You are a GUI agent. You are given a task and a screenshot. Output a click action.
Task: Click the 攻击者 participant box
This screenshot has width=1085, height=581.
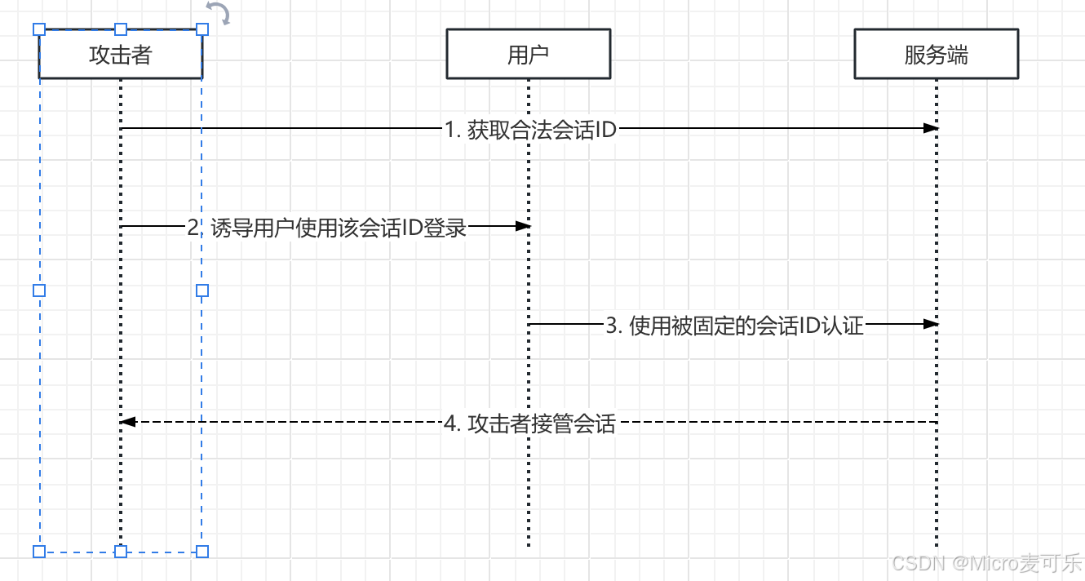120,55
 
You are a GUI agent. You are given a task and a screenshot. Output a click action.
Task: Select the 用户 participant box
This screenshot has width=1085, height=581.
528,55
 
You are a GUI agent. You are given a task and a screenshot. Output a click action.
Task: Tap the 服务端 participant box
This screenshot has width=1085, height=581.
936,55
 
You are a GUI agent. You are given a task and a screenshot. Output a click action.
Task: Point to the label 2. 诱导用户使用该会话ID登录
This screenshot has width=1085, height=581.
326,228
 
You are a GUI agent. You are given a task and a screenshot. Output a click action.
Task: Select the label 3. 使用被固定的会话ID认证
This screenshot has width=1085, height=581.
734,326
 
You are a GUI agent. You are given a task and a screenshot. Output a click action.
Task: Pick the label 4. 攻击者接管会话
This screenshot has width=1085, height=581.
529,424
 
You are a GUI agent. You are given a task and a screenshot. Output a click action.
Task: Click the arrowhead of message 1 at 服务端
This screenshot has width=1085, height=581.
930,128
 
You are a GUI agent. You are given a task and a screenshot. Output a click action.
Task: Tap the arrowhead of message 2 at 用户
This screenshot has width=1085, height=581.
522,226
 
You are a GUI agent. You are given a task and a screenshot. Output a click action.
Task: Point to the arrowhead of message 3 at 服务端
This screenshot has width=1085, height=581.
930,324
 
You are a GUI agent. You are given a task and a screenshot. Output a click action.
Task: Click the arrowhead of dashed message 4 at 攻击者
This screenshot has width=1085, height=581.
126,422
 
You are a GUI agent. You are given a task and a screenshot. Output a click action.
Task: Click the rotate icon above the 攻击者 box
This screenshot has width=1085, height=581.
218,13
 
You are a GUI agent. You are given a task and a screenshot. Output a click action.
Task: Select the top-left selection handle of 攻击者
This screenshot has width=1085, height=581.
39,29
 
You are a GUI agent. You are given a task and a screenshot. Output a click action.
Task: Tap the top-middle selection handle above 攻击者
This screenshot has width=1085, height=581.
121,29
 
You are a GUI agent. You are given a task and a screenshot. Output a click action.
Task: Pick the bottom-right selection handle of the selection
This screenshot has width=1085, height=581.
202,552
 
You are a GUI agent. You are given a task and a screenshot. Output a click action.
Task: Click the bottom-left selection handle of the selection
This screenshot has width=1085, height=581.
39,552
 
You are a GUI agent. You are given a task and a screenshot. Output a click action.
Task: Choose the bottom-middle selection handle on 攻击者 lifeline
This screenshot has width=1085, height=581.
121,552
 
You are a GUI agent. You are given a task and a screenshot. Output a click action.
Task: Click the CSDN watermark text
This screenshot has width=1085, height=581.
987,563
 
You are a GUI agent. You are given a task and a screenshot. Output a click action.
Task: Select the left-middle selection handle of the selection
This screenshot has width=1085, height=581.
39,290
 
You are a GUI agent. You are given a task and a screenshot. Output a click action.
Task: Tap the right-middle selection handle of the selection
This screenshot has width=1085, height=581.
202,290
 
